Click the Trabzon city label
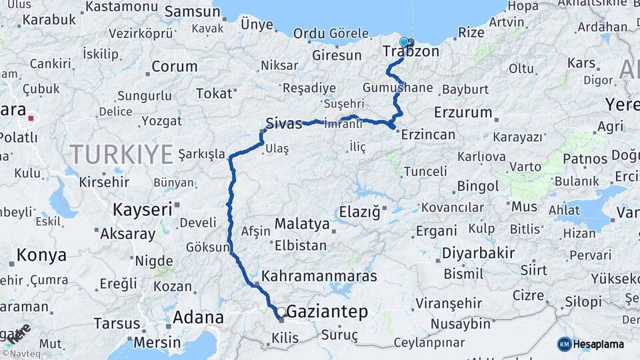[x=411, y=51]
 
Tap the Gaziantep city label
[x=327, y=312]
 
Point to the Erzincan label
[x=427, y=135]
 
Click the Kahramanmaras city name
[x=319, y=276]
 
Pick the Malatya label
[x=302, y=224]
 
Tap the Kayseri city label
[x=142, y=209]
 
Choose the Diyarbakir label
[x=478, y=253]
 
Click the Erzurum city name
[x=463, y=112]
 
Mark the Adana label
[x=198, y=317]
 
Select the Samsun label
[x=192, y=11]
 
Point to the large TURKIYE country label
[x=122, y=155]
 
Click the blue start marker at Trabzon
[x=403, y=42]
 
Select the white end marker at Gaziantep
[x=281, y=311]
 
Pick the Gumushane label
[x=398, y=88]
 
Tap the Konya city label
[x=41, y=255]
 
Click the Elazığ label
[x=359, y=213]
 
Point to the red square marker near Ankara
[x=31, y=120]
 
